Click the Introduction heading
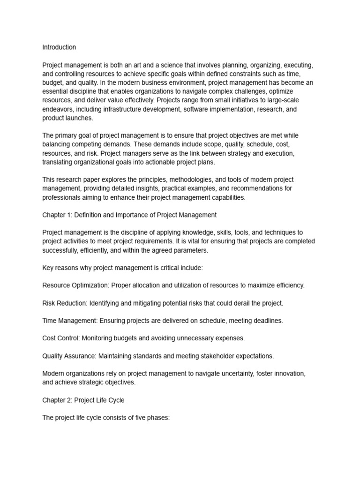click(x=59, y=47)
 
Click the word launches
click(x=80, y=118)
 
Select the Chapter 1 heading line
click(x=129, y=215)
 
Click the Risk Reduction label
click(x=64, y=303)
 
